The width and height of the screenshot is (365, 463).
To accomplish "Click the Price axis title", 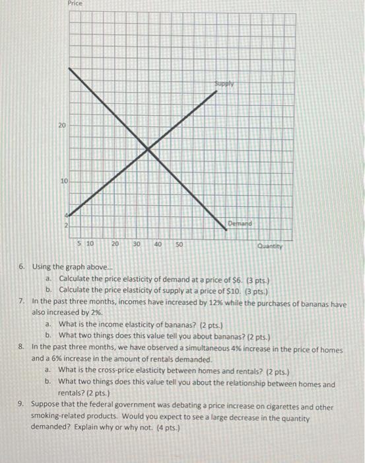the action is tap(75, 4).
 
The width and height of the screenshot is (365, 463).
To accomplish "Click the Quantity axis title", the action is tap(270, 246).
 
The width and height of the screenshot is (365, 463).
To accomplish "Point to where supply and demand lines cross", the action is tap(147, 151).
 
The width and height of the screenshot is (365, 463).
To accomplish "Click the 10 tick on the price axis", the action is tap(63, 180).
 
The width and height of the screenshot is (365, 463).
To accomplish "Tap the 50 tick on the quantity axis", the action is tap(179, 244).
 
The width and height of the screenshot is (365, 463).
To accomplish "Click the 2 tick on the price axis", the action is tap(65, 227).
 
